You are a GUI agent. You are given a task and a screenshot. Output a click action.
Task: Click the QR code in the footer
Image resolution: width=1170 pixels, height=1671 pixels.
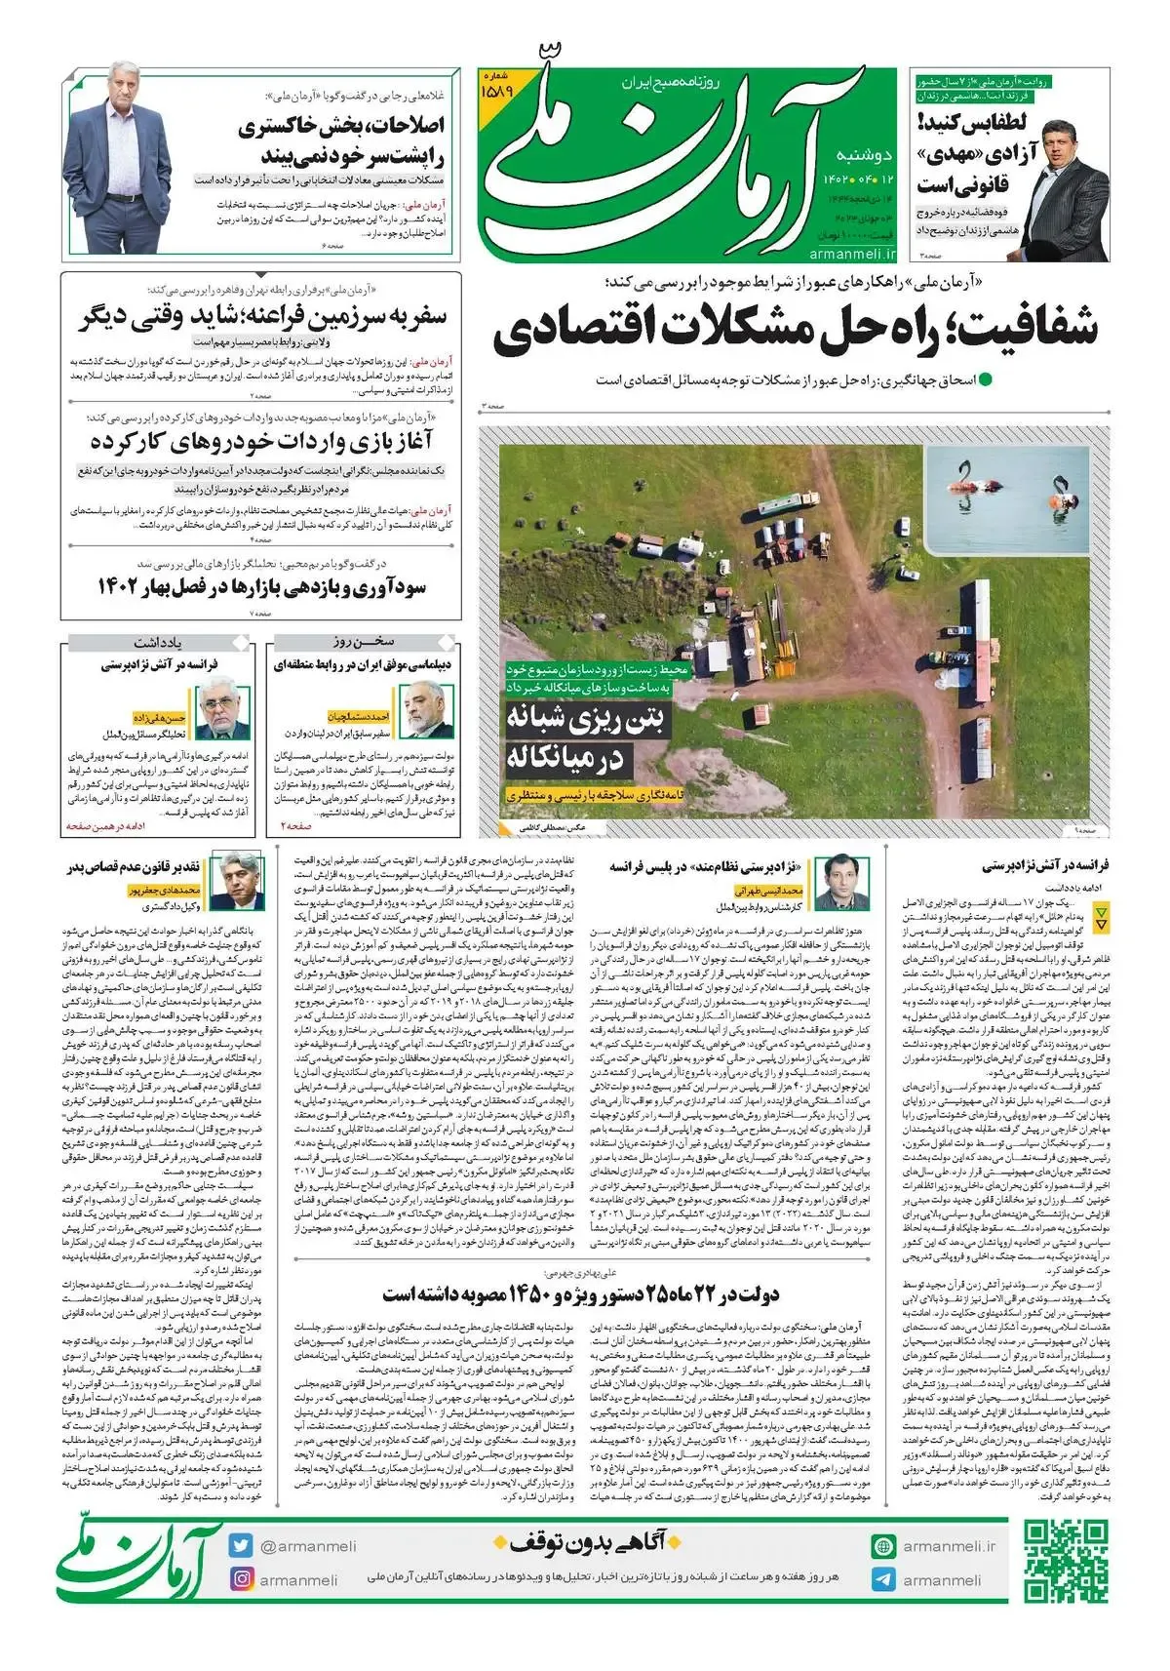pyautogui.click(x=1066, y=1562)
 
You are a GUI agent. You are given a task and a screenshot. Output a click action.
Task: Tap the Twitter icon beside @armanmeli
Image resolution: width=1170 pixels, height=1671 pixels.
pyautogui.click(x=241, y=1546)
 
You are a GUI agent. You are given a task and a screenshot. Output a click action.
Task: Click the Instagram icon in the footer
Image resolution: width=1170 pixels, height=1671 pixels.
pyautogui.click(x=241, y=1579)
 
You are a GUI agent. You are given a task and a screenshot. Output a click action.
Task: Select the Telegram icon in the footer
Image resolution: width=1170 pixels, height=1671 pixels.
pyautogui.click(x=883, y=1579)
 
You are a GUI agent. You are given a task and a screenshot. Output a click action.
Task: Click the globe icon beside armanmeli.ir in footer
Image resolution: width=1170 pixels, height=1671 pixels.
pyautogui.click(x=883, y=1546)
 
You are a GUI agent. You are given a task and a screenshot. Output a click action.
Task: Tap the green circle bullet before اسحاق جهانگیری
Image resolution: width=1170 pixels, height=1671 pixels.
pyautogui.click(x=985, y=379)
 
